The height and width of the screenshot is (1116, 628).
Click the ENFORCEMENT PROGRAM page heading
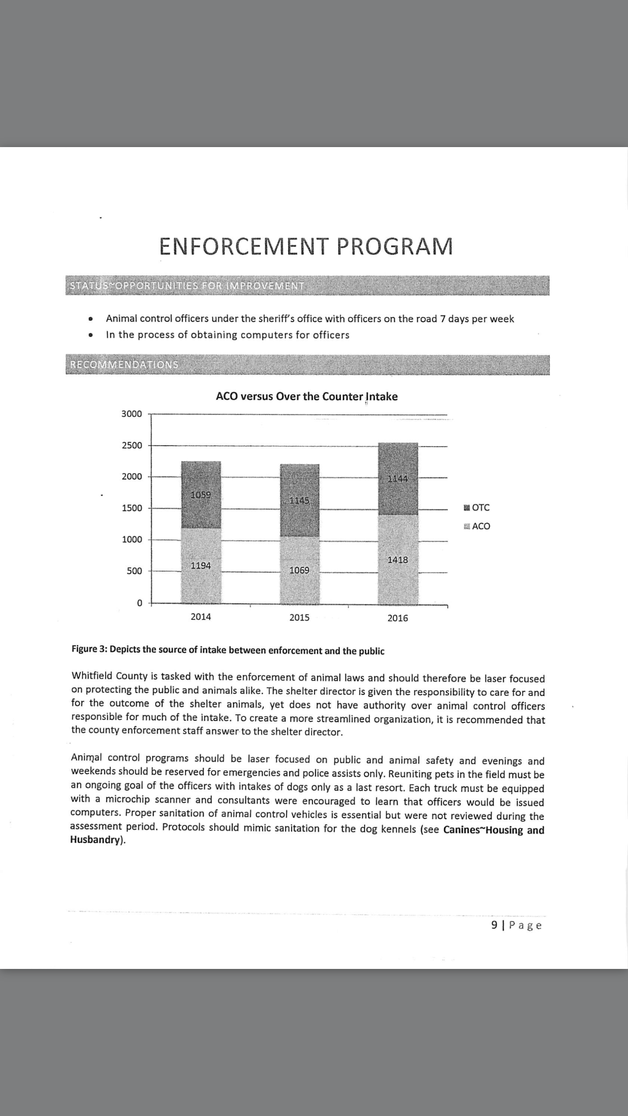click(306, 246)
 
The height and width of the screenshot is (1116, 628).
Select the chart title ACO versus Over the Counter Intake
click(306, 396)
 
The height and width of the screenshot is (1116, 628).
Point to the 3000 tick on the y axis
click(131, 414)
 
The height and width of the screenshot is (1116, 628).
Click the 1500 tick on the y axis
click(131, 508)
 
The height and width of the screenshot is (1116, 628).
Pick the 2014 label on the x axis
click(201, 617)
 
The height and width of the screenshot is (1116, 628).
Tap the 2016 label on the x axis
click(397, 618)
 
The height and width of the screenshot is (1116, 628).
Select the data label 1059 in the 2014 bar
click(201, 495)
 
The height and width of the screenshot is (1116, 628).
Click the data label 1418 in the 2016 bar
click(397, 560)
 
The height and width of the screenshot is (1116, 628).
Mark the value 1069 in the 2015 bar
click(299, 570)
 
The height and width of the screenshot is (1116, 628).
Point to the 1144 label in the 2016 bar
click(397, 479)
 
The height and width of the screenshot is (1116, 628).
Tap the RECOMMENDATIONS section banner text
click(124, 364)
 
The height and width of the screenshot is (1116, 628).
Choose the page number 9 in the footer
click(494, 925)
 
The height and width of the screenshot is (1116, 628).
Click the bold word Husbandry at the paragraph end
click(96, 840)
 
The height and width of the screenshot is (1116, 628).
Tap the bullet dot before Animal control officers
click(91, 319)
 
